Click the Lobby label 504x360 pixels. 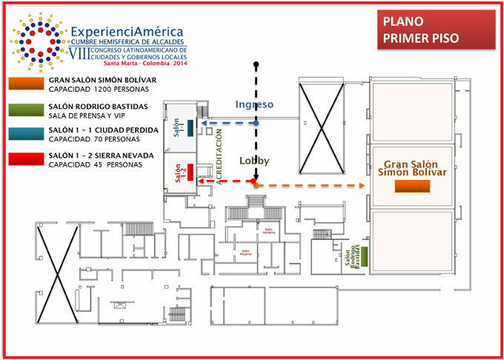pos(254,161)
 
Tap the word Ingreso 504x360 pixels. pos(254,104)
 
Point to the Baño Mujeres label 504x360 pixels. pos(245,253)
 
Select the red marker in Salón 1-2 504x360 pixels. pos(190,172)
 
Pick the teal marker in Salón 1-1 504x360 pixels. pos(190,127)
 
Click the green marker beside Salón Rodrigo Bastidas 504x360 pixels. pos(365,254)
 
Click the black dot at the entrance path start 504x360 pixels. pos(256,64)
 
